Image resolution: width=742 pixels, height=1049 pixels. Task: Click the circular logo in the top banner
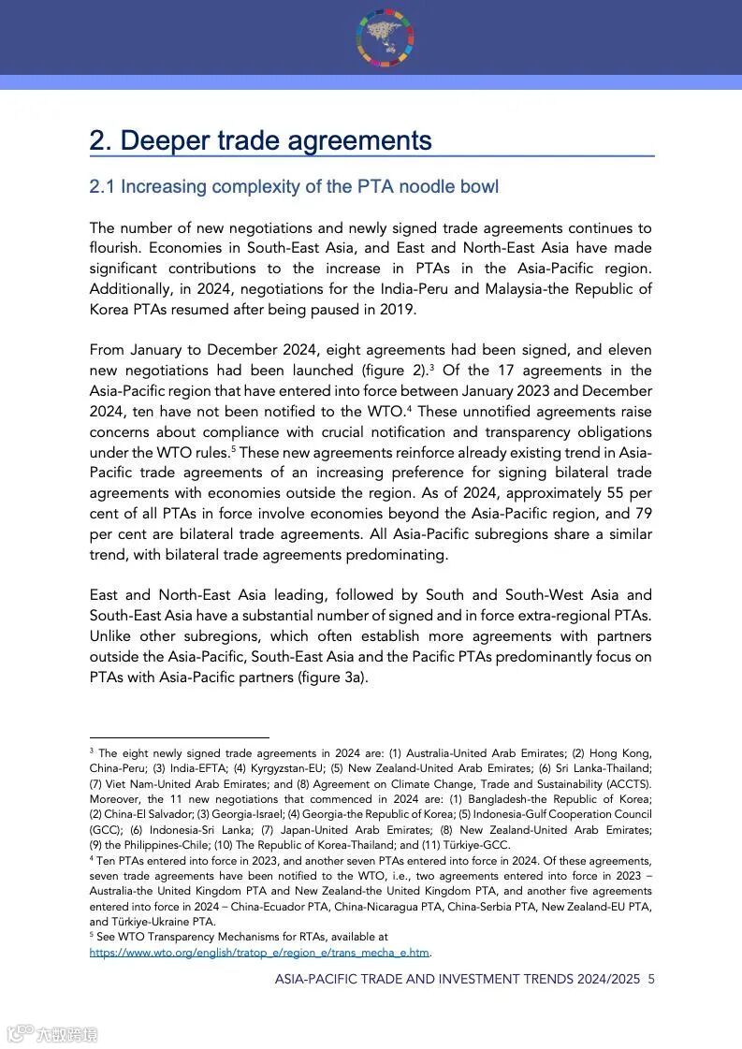tap(385, 37)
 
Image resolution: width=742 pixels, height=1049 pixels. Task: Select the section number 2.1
tap(102, 186)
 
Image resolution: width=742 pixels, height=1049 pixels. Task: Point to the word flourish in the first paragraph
tap(119, 248)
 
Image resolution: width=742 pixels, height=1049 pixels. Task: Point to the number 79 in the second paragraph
tap(643, 514)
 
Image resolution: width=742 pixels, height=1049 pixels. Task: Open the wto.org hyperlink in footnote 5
tap(259, 953)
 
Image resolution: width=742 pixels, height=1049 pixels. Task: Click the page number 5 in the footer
tap(651, 979)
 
